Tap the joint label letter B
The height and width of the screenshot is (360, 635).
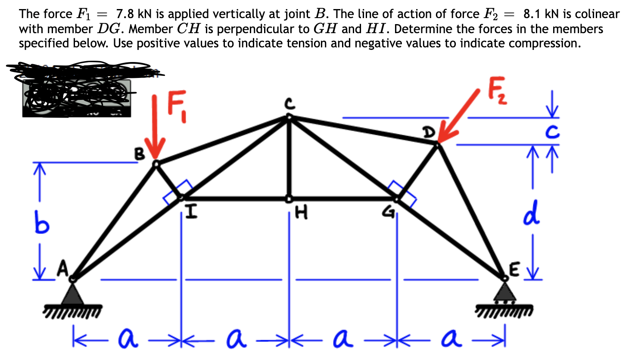point(139,154)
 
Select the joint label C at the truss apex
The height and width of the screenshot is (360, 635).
point(289,103)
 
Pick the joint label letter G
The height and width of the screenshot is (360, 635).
point(390,211)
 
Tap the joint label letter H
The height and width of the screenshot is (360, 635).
point(302,212)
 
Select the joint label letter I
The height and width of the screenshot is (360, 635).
point(191,212)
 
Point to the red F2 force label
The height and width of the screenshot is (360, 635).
point(498,92)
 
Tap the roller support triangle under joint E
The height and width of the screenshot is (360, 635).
point(504,292)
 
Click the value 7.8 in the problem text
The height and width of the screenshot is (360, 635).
point(125,14)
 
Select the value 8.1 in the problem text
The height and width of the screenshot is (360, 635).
point(532,14)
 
